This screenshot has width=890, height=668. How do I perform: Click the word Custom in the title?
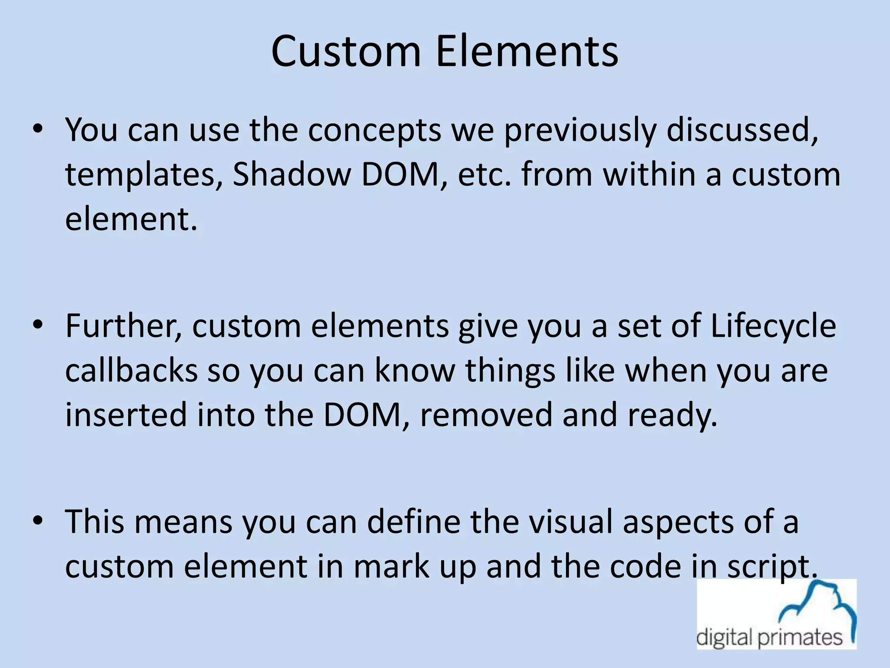click(x=346, y=51)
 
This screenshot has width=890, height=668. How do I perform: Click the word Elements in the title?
click(x=527, y=51)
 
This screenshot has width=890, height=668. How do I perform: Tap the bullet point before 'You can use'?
click(x=38, y=129)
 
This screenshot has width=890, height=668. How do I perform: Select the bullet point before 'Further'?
click(x=38, y=325)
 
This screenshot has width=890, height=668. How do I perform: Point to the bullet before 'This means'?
click(x=38, y=521)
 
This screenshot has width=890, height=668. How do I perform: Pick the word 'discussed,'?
click(x=742, y=130)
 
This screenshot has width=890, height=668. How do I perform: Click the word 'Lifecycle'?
click(x=774, y=326)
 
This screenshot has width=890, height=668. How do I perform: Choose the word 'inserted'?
click(x=126, y=414)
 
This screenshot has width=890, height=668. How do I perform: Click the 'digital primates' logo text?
click(x=769, y=638)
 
